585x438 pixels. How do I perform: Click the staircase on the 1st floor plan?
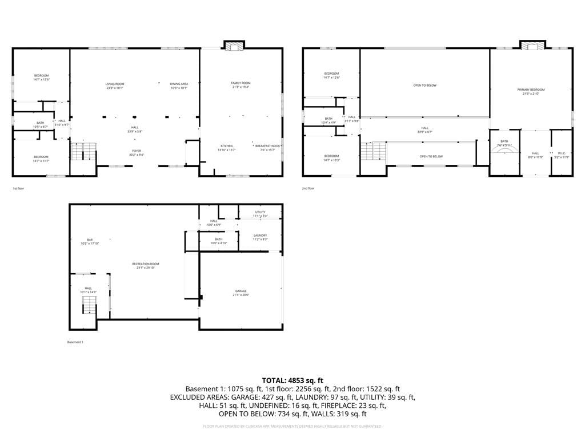click(x=84, y=152)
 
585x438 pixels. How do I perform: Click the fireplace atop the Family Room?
click(x=233, y=46)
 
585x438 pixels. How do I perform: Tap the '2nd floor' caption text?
click(x=308, y=188)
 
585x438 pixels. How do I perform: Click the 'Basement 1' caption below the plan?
click(x=75, y=342)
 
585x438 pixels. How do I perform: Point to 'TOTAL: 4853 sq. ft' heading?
click(x=292, y=380)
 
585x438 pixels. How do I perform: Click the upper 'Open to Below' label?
click(x=424, y=86)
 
